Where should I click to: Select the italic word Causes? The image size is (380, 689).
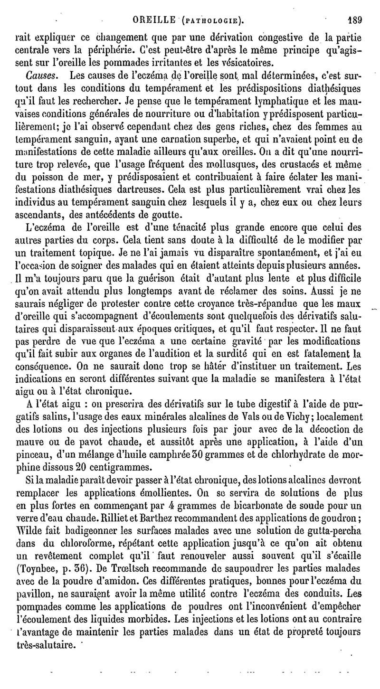point(41,75)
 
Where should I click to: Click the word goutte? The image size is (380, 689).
point(165,213)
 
